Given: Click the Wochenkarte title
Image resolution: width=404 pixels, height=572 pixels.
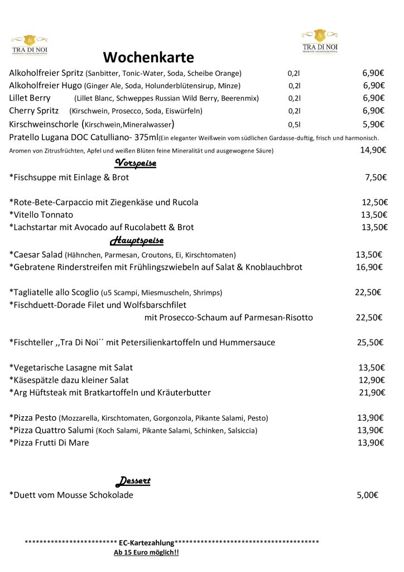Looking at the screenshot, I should (x=148, y=57).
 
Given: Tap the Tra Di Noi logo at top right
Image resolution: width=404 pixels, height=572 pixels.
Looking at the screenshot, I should (x=320, y=41).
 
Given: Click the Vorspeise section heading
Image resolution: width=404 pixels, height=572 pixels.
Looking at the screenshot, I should (x=135, y=163).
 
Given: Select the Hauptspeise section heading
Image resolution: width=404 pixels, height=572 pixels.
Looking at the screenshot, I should (x=137, y=241).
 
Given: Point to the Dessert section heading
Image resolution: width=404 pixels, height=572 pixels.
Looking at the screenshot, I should (x=133, y=481).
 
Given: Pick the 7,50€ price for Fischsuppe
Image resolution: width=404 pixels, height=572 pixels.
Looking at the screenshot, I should (x=376, y=178).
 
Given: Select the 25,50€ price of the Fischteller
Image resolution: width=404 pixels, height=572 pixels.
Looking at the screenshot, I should (x=371, y=342).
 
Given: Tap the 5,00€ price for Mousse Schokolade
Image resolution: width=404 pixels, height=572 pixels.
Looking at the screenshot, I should (x=368, y=495).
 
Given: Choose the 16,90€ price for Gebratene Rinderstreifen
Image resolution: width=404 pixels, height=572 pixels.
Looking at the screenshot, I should (x=369, y=267).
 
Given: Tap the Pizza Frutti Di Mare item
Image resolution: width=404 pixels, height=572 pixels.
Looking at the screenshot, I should (x=50, y=443).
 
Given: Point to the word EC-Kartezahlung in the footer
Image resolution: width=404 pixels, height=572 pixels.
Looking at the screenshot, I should (x=146, y=542).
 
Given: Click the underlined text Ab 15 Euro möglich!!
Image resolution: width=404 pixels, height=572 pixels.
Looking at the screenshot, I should (x=146, y=552).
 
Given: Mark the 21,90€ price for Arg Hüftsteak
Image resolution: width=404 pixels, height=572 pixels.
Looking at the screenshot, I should (x=372, y=393).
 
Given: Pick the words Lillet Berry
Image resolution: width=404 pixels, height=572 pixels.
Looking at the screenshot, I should (x=30, y=98).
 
